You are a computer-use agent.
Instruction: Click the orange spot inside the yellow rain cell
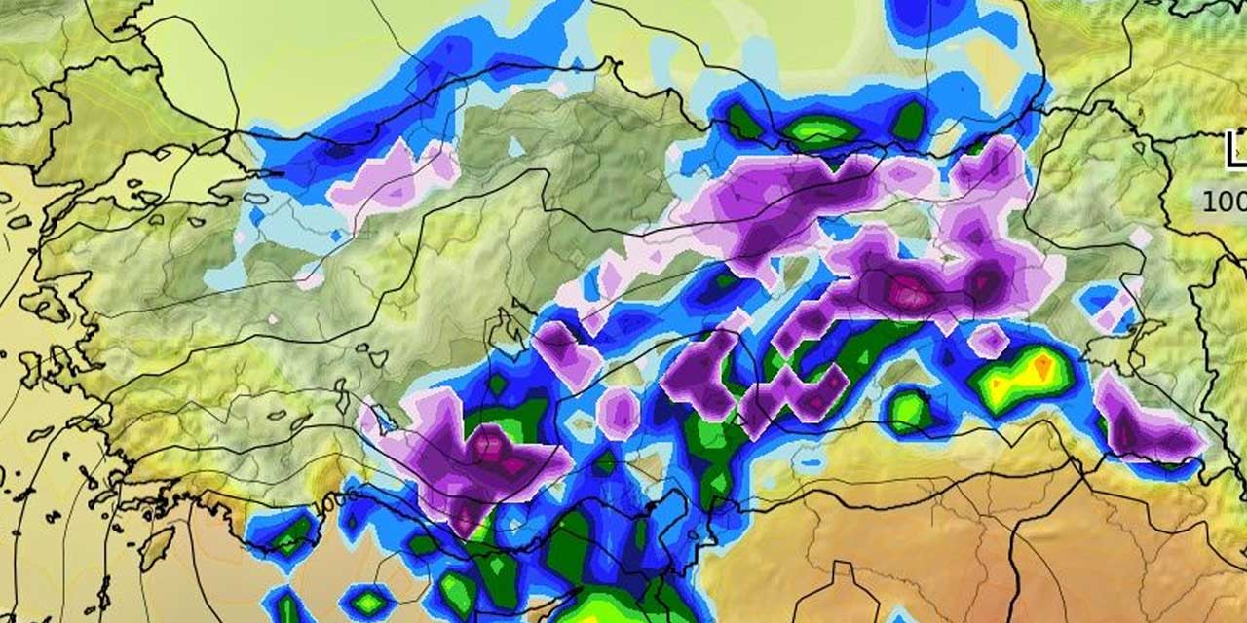click(1043, 365)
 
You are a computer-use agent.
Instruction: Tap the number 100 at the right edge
click(1224, 202)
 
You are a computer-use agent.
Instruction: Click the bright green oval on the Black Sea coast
click(820, 131)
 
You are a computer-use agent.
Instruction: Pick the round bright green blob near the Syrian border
click(910, 411)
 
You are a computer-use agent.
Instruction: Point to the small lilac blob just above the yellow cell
click(989, 340)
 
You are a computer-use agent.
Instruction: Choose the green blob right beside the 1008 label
click(292, 533)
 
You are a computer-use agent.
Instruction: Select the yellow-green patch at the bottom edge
click(594, 608)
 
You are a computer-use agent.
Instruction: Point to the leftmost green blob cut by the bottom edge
click(287, 608)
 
